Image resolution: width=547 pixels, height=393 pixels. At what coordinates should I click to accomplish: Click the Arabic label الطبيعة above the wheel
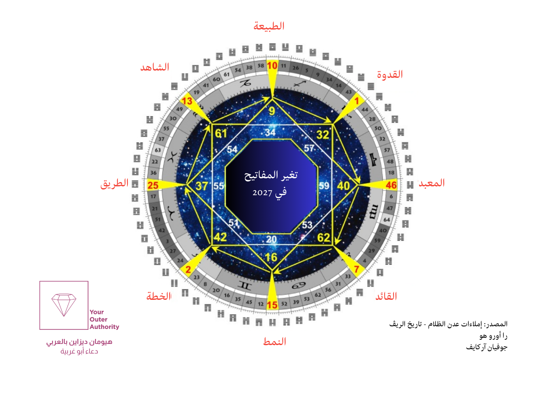tap(269, 26)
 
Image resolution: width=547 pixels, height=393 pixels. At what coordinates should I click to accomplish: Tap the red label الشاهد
tap(155, 67)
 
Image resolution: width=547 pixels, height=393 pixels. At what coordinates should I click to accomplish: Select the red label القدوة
tap(390, 74)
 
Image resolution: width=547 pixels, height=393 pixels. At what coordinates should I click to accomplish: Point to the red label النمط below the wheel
tap(274, 341)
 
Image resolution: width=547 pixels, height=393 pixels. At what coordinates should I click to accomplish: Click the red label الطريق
tap(114, 183)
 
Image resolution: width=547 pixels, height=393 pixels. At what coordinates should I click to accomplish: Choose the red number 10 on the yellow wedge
tap(272, 66)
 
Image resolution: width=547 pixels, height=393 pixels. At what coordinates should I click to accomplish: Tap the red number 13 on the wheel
tap(187, 101)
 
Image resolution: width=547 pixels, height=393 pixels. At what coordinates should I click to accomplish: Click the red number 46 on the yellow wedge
tap(391, 185)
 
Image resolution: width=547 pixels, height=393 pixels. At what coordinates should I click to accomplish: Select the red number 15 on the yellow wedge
tap(272, 305)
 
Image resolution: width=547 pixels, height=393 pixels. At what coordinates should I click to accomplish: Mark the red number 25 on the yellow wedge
tap(153, 186)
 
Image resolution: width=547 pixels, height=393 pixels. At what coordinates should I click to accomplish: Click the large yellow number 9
tap(272, 111)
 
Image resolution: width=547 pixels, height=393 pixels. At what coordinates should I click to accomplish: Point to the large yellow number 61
tap(221, 133)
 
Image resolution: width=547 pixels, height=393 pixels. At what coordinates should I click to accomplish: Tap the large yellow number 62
tap(324, 238)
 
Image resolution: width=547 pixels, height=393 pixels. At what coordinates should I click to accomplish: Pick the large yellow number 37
tap(202, 186)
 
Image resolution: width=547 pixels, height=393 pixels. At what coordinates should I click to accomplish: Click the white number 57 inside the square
tap(309, 148)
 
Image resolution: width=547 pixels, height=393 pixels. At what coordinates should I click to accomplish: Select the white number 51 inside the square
tap(234, 223)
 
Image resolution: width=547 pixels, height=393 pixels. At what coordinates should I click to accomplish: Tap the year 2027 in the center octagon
tap(262, 192)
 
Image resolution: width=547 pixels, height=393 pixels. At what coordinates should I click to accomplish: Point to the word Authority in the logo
tap(104, 327)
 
